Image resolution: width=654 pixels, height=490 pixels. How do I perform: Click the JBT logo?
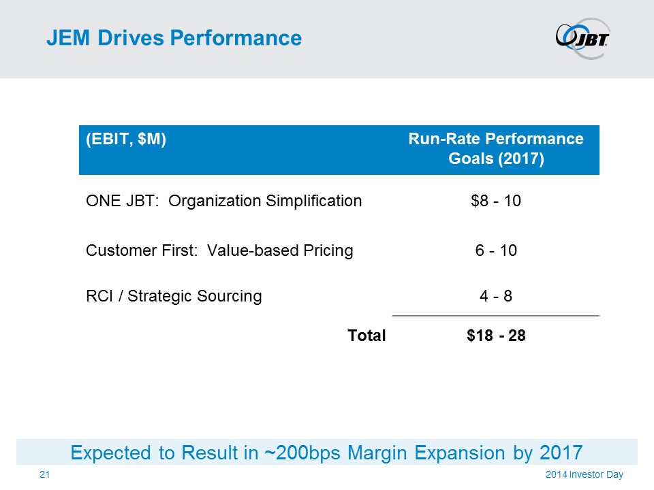pos(582,37)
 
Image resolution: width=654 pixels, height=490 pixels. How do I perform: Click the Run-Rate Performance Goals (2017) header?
pos(495,150)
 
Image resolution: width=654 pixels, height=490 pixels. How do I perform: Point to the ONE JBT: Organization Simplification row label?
pos(223,201)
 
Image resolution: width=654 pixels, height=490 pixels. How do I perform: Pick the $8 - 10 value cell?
pos(495,201)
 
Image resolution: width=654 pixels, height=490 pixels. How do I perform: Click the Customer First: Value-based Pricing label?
pos(219,250)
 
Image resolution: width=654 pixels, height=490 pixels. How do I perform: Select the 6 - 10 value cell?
pos(495,250)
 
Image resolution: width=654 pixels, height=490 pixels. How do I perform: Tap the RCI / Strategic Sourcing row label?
pos(174,296)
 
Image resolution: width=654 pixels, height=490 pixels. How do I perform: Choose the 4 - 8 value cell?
pos(495,296)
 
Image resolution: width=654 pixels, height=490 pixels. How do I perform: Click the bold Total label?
pos(367,335)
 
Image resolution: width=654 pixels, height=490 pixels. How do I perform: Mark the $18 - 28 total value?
pos(495,335)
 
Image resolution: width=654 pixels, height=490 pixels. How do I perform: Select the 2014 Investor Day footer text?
pos(584,474)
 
